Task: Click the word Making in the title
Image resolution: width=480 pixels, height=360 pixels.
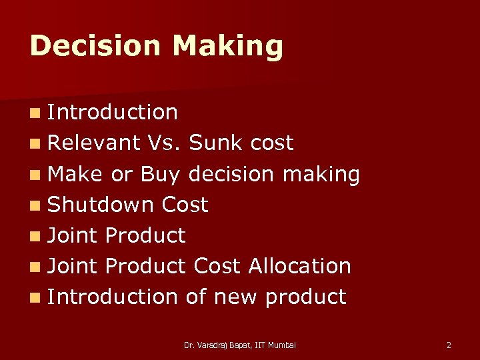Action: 227,46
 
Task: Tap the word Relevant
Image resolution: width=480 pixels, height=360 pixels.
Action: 94,143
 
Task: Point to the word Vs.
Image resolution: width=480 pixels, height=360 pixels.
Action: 165,143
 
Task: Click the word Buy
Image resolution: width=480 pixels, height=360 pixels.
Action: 160,174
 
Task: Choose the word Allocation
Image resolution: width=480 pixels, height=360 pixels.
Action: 299,266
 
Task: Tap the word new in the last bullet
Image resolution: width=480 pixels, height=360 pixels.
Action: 234,297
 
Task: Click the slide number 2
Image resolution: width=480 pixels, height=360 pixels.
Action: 449,345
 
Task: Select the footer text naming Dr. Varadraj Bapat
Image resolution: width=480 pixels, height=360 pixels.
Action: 239,345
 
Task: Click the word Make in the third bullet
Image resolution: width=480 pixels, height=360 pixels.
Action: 75,174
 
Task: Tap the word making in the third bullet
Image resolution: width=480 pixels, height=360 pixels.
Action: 321,174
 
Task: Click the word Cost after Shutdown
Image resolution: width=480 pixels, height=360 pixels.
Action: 185,205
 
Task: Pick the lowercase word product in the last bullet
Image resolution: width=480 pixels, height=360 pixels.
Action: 305,297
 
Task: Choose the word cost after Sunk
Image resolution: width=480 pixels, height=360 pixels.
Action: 272,143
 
